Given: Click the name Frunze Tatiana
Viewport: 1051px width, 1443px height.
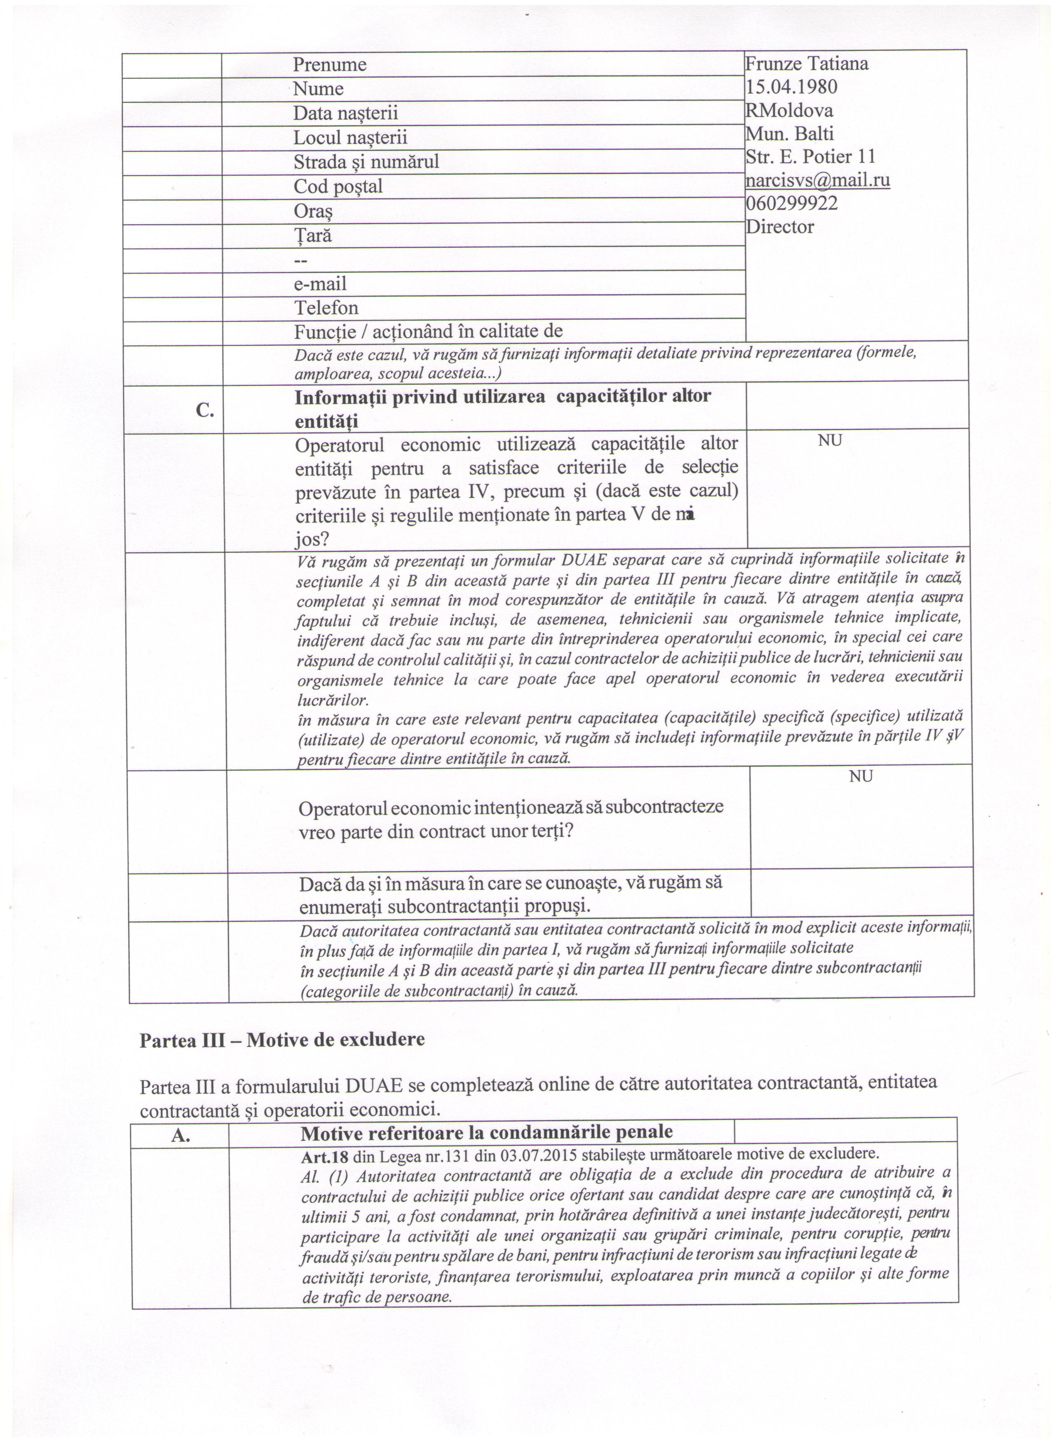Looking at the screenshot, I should pyautogui.click(x=807, y=63).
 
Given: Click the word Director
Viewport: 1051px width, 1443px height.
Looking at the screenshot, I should pyautogui.click(x=779, y=227).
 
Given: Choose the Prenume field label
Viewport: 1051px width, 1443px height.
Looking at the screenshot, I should pyautogui.click(x=330, y=64).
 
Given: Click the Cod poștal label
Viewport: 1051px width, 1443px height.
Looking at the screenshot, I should pyautogui.click(x=338, y=186).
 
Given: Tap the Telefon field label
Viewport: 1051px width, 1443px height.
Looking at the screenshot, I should pyautogui.click(x=326, y=308).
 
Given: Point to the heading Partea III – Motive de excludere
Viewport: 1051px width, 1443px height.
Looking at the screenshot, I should pyautogui.click(x=282, y=1039).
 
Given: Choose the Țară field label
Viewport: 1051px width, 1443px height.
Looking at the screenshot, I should pyautogui.click(x=312, y=236).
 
